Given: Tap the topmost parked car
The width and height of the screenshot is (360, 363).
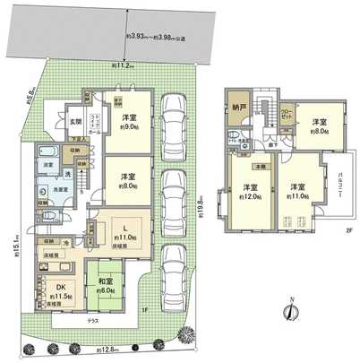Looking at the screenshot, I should point(172,117).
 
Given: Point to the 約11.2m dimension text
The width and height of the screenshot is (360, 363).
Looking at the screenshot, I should point(123,65).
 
